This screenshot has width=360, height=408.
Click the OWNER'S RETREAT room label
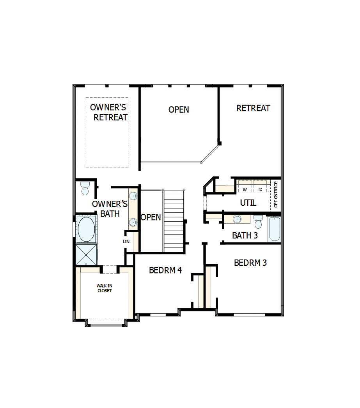pos(109,112)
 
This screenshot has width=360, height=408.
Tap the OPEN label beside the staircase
pos(151,217)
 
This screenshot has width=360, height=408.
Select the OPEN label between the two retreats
pos(179,110)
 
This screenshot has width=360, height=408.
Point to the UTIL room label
pos(248,203)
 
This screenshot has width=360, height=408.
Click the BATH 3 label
pos(245,235)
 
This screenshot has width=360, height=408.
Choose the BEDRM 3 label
pos(250,263)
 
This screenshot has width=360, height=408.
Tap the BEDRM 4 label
pos(165,270)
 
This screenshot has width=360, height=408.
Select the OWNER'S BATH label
pos(110,208)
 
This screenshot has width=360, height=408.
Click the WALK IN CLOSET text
pos(104,288)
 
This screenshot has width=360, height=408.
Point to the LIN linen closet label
pos(126,242)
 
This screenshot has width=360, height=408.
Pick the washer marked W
pos(245,189)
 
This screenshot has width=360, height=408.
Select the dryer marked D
pos(260,189)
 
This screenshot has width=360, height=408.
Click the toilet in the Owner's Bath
pos(85,189)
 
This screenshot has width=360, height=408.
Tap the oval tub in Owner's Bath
pos(86,230)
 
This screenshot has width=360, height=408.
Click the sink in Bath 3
pos(237,219)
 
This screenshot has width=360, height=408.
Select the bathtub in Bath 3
pos(274,229)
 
